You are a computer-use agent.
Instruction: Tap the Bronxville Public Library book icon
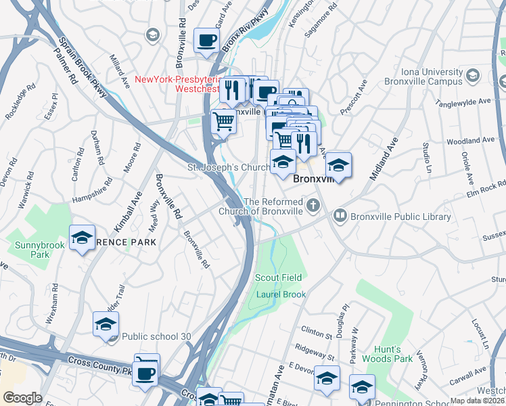(x=340, y=217)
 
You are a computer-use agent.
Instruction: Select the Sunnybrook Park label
(x=30, y=248)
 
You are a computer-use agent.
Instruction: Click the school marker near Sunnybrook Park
(x=82, y=238)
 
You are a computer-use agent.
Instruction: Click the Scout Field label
(x=278, y=278)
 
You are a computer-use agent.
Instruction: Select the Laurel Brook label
(x=281, y=294)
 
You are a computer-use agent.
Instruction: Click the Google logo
(x=22, y=398)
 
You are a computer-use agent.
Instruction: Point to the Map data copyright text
(x=478, y=401)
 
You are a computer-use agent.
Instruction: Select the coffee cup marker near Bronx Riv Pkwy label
(x=206, y=40)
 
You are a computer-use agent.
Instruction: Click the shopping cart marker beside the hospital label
(x=223, y=122)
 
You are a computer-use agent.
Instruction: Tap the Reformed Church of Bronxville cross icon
(x=313, y=204)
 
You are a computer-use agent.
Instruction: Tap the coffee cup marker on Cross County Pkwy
(x=145, y=374)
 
